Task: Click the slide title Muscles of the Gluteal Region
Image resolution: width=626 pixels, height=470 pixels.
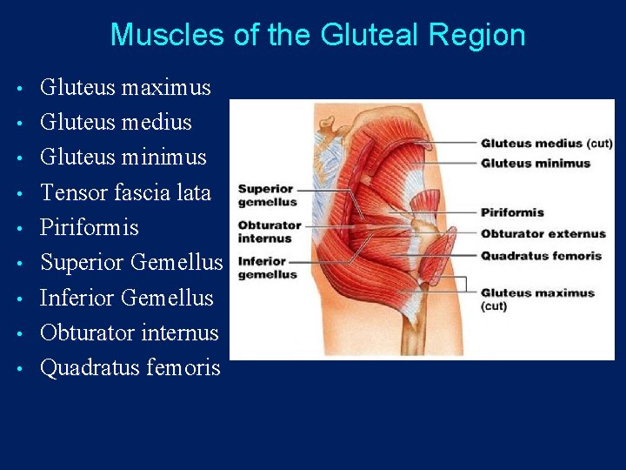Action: (x=317, y=35)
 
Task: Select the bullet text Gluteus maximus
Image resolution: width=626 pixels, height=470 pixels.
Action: (x=126, y=88)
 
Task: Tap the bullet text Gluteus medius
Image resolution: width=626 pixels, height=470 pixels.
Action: (x=117, y=123)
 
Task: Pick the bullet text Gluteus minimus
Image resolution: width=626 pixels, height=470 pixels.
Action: (x=123, y=158)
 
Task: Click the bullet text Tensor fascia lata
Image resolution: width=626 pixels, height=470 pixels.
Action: (x=126, y=192)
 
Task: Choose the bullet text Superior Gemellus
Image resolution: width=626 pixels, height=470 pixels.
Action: (x=131, y=262)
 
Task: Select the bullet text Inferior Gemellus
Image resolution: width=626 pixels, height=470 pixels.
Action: (x=127, y=298)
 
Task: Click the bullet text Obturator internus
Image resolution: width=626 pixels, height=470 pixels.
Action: (x=130, y=332)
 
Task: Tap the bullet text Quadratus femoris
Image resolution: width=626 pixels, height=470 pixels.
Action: (x=130, y=368)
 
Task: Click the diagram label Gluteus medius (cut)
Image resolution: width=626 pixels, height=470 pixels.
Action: (x=547, y=144)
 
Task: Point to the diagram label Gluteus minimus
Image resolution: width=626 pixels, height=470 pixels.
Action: (x=536, y=163)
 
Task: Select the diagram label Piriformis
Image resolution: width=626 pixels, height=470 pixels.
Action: (x=512, y=212)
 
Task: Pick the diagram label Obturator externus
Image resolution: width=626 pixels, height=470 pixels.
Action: (x=543, y=234)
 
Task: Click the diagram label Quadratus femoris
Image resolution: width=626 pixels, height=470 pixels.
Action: (x=541, y=256)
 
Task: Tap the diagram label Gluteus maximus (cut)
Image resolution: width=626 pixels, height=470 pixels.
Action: (x=537, y=299)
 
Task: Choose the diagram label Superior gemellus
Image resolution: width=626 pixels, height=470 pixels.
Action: (x=265, y=195)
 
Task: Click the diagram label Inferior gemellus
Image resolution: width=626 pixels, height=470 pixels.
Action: (x=262, y=268)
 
